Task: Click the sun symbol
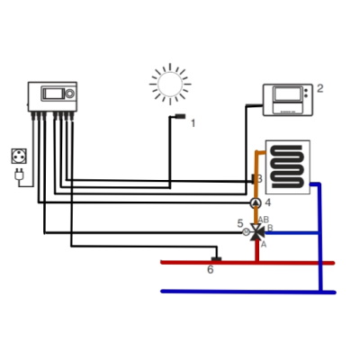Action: [170, 84]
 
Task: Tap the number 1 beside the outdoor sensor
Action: [193, 123]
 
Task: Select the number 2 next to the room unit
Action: [320, 88]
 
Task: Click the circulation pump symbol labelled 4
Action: [256, 203]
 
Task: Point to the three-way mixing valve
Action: [256, 232]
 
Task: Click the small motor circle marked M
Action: [246, 232]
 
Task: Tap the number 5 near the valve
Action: [240, 223]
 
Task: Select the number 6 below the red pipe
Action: [211, 269]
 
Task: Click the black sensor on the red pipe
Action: [216, 259]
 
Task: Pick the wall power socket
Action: [19, 156]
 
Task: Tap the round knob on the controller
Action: [69, 94]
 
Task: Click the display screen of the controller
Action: [53, 94]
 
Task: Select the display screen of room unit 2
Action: [288, 94]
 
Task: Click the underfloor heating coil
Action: [287, 166]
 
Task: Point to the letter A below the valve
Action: [264, 245]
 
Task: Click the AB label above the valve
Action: [264, 220]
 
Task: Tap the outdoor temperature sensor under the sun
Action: [180, 116]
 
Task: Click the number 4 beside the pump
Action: [268, 202]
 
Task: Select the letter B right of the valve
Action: [270, 228]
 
